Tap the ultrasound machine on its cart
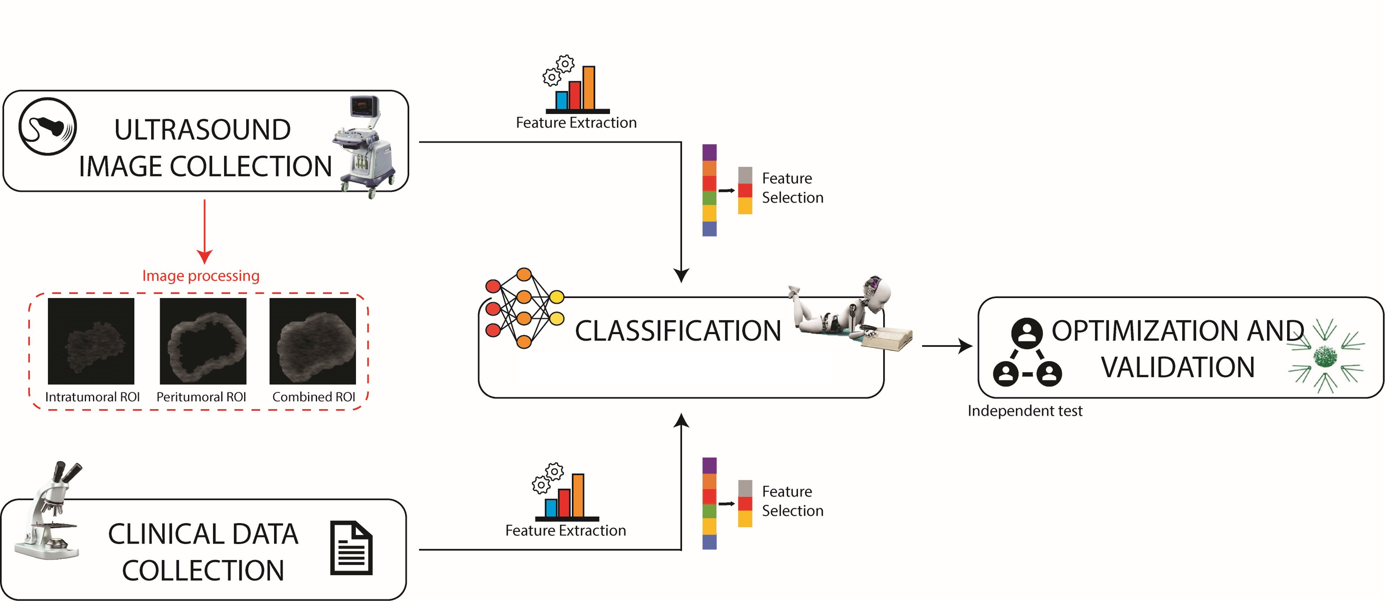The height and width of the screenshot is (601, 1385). [364, 147]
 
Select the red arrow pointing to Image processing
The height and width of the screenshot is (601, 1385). [204, 231]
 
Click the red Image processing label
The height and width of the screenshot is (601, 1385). [201, 275]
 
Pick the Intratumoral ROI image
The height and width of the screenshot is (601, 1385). [91, 341]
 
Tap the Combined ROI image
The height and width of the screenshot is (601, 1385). [312, 341]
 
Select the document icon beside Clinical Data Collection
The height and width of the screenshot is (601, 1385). [351, 548]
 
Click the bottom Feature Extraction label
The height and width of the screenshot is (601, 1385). [566, 531]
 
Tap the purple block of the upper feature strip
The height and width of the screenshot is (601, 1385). [709, 152]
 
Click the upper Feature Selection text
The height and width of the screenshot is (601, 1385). [793, 188]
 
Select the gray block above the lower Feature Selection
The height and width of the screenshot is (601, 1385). [745, 488]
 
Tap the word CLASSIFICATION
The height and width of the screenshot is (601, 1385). [678, 330]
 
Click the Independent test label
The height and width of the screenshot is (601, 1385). [1025, 411]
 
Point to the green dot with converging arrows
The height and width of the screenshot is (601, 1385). [1325, 356]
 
